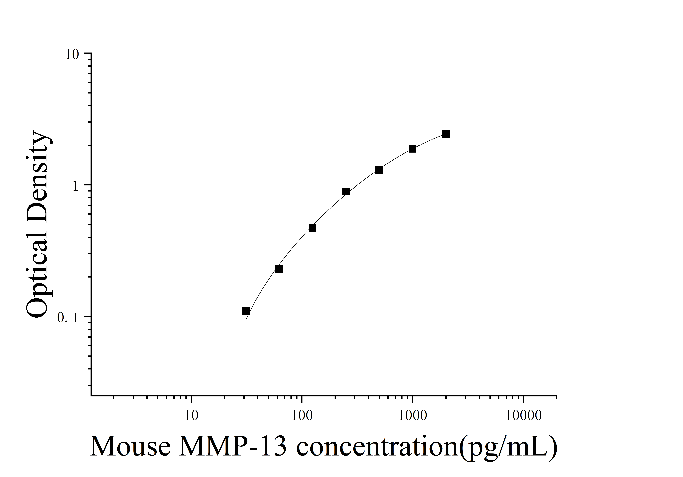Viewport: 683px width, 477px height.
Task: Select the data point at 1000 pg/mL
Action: click(x=412, y=149)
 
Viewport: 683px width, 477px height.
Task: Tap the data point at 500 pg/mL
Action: click(x=379, y=170)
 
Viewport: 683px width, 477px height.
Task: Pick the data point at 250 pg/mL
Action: click(x=346, y=192)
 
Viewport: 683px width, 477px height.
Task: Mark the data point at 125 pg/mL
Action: click(x=312, y=228)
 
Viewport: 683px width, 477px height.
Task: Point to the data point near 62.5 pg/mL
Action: click(x=279, y=269)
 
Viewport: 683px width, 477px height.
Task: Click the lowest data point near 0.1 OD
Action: click(x=246, y=311)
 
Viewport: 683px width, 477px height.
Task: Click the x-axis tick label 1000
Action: click(x=413, y=416)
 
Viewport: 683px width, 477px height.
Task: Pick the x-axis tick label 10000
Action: click(x=524, y=416)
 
